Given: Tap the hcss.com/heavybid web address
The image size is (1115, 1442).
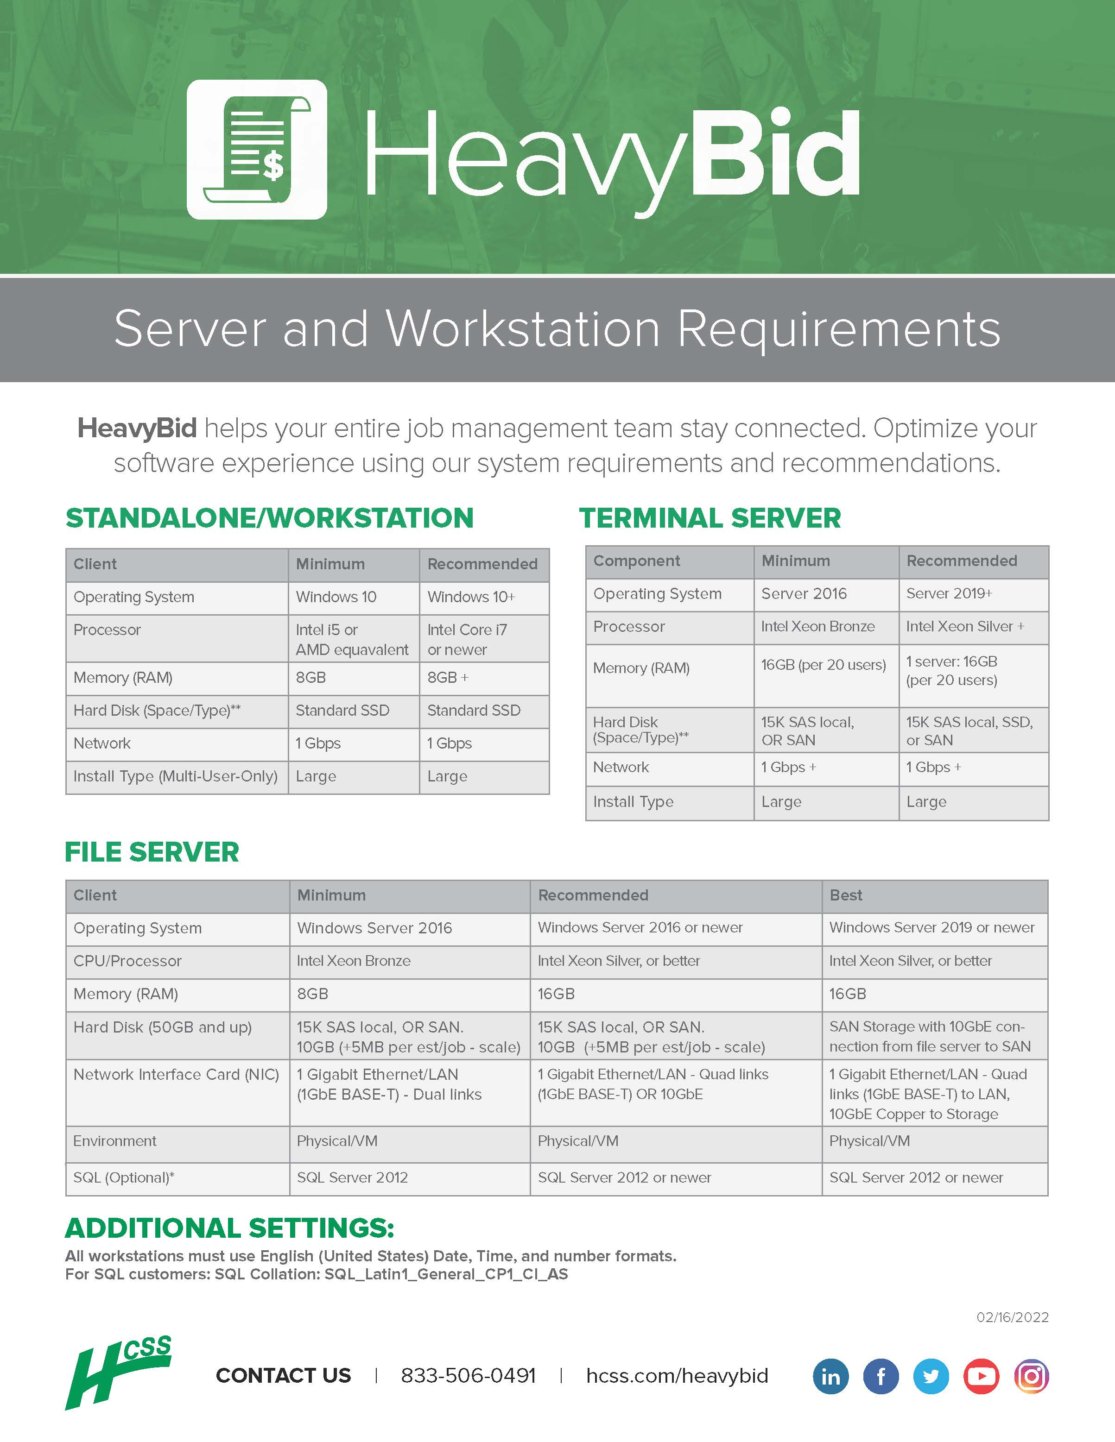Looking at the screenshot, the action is [677, 1375].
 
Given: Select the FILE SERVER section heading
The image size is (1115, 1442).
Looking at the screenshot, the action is [152, 852].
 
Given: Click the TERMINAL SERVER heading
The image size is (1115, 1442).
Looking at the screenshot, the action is [710, 518].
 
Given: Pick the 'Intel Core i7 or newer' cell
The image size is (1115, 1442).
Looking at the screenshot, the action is [467, 639].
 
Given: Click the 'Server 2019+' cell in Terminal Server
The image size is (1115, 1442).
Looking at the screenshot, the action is [949, 593].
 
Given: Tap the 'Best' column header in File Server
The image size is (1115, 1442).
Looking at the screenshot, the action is [845, 895].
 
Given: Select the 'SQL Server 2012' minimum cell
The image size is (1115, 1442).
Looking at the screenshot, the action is [352, 1177].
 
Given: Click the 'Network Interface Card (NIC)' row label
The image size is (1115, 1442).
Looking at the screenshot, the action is [176, 1074].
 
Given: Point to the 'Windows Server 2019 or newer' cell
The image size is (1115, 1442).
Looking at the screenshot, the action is [931, 928].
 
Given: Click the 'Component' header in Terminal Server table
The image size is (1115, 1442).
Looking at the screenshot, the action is [636, 561].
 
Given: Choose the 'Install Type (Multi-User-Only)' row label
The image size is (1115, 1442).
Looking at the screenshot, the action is [175, 776].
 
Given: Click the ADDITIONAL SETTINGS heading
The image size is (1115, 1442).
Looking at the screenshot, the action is [229, 1228].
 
